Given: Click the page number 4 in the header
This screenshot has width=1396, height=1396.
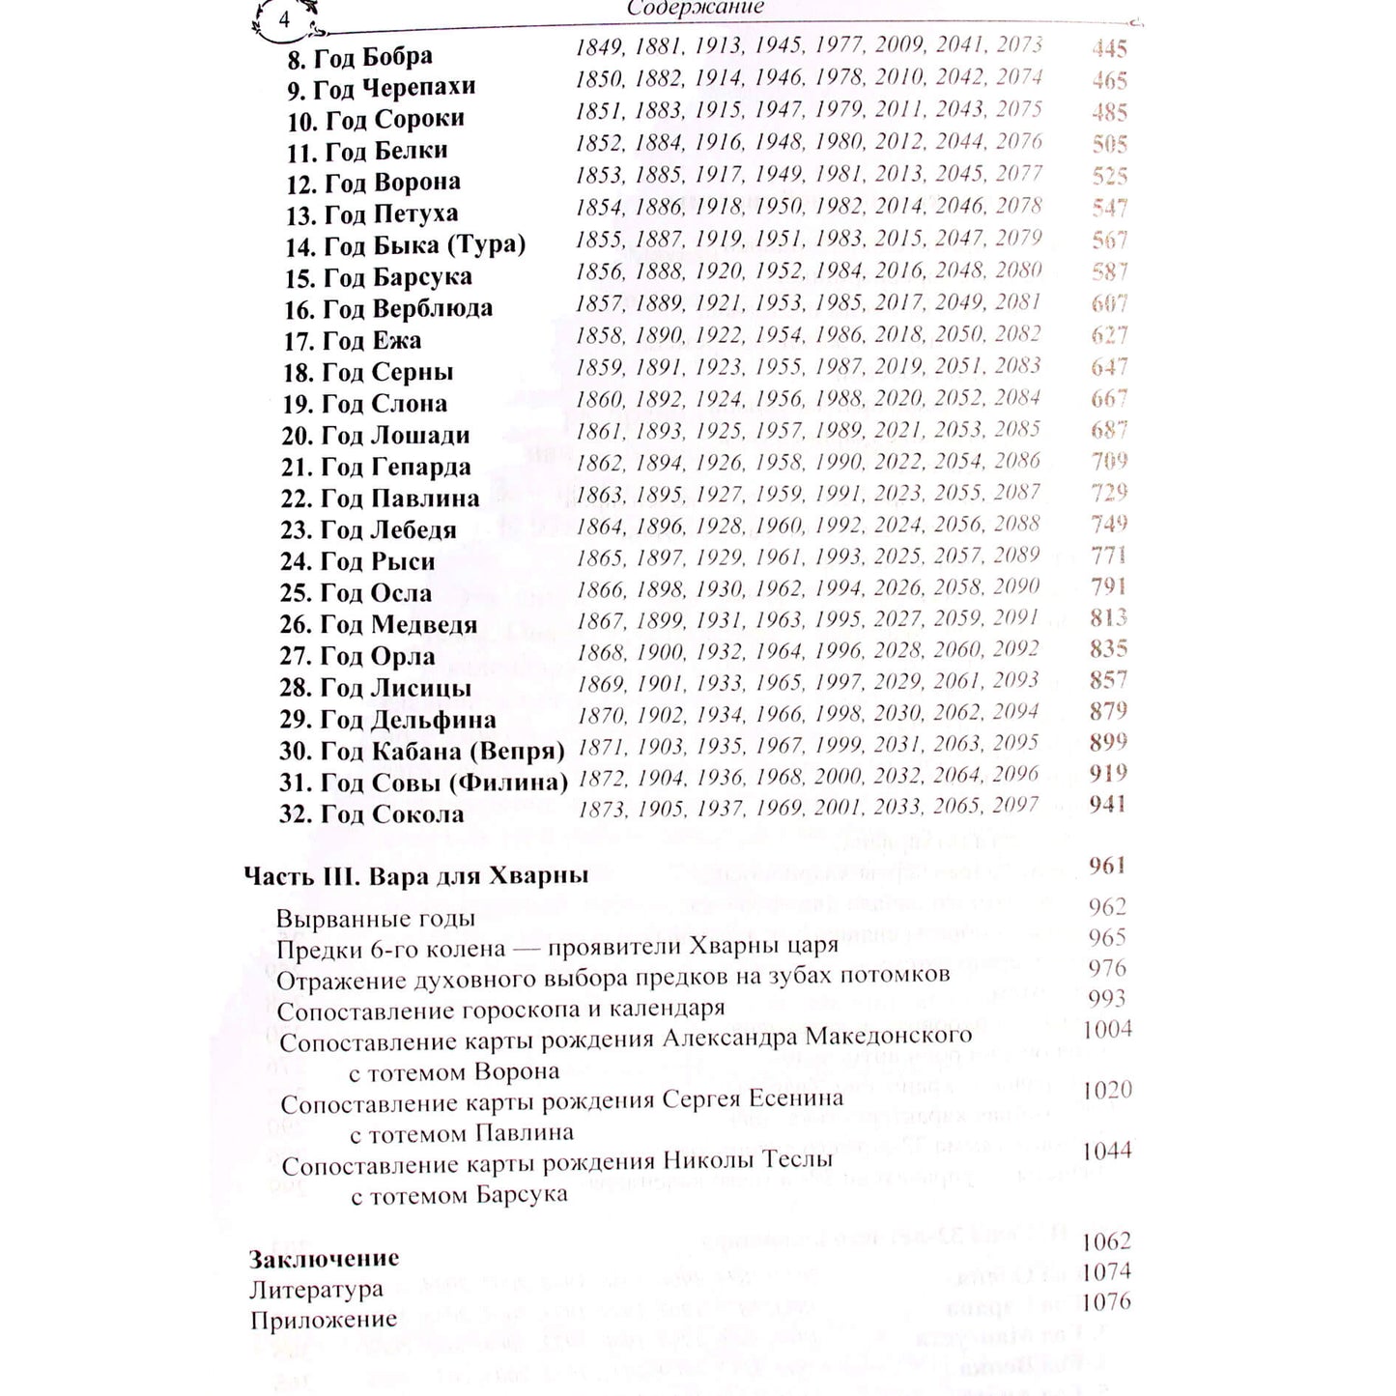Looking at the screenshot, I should [284, 20].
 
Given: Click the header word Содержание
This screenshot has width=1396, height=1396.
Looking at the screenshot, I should [696, 8].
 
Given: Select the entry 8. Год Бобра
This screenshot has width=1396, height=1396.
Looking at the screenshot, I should [359, 58].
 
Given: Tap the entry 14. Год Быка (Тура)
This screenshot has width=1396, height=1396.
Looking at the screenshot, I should [405, 245].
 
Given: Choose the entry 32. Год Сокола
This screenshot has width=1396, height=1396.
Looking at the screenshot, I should [371, 814].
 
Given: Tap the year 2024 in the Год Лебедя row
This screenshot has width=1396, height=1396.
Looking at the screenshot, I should [899, 525].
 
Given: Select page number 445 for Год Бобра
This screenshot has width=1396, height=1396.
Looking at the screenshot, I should [1110, 48].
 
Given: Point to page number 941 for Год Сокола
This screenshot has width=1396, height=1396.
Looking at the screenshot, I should [1108, 804].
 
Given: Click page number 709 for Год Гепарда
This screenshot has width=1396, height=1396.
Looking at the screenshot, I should [1109, 460].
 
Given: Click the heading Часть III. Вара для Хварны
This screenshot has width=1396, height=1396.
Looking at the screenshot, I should [416, 876].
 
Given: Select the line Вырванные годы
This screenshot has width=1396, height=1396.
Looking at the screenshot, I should [376, 919].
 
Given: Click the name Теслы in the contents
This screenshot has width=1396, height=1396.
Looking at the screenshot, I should [798, 1160].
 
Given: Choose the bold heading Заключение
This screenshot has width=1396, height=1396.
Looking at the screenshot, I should [324, 1259].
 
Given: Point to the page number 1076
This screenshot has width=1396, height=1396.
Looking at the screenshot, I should [1106, 1302].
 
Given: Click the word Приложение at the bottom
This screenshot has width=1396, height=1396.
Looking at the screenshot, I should [324, 1320].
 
